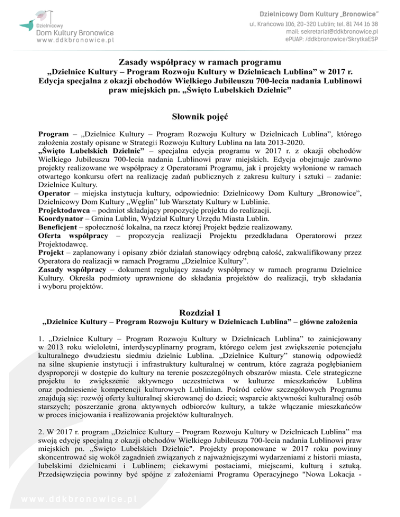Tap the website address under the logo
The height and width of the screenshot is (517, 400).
tap(74, 38)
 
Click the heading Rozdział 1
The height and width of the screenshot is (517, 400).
tap(200, 313)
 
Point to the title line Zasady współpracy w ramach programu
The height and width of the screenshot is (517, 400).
tap(200, 63)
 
